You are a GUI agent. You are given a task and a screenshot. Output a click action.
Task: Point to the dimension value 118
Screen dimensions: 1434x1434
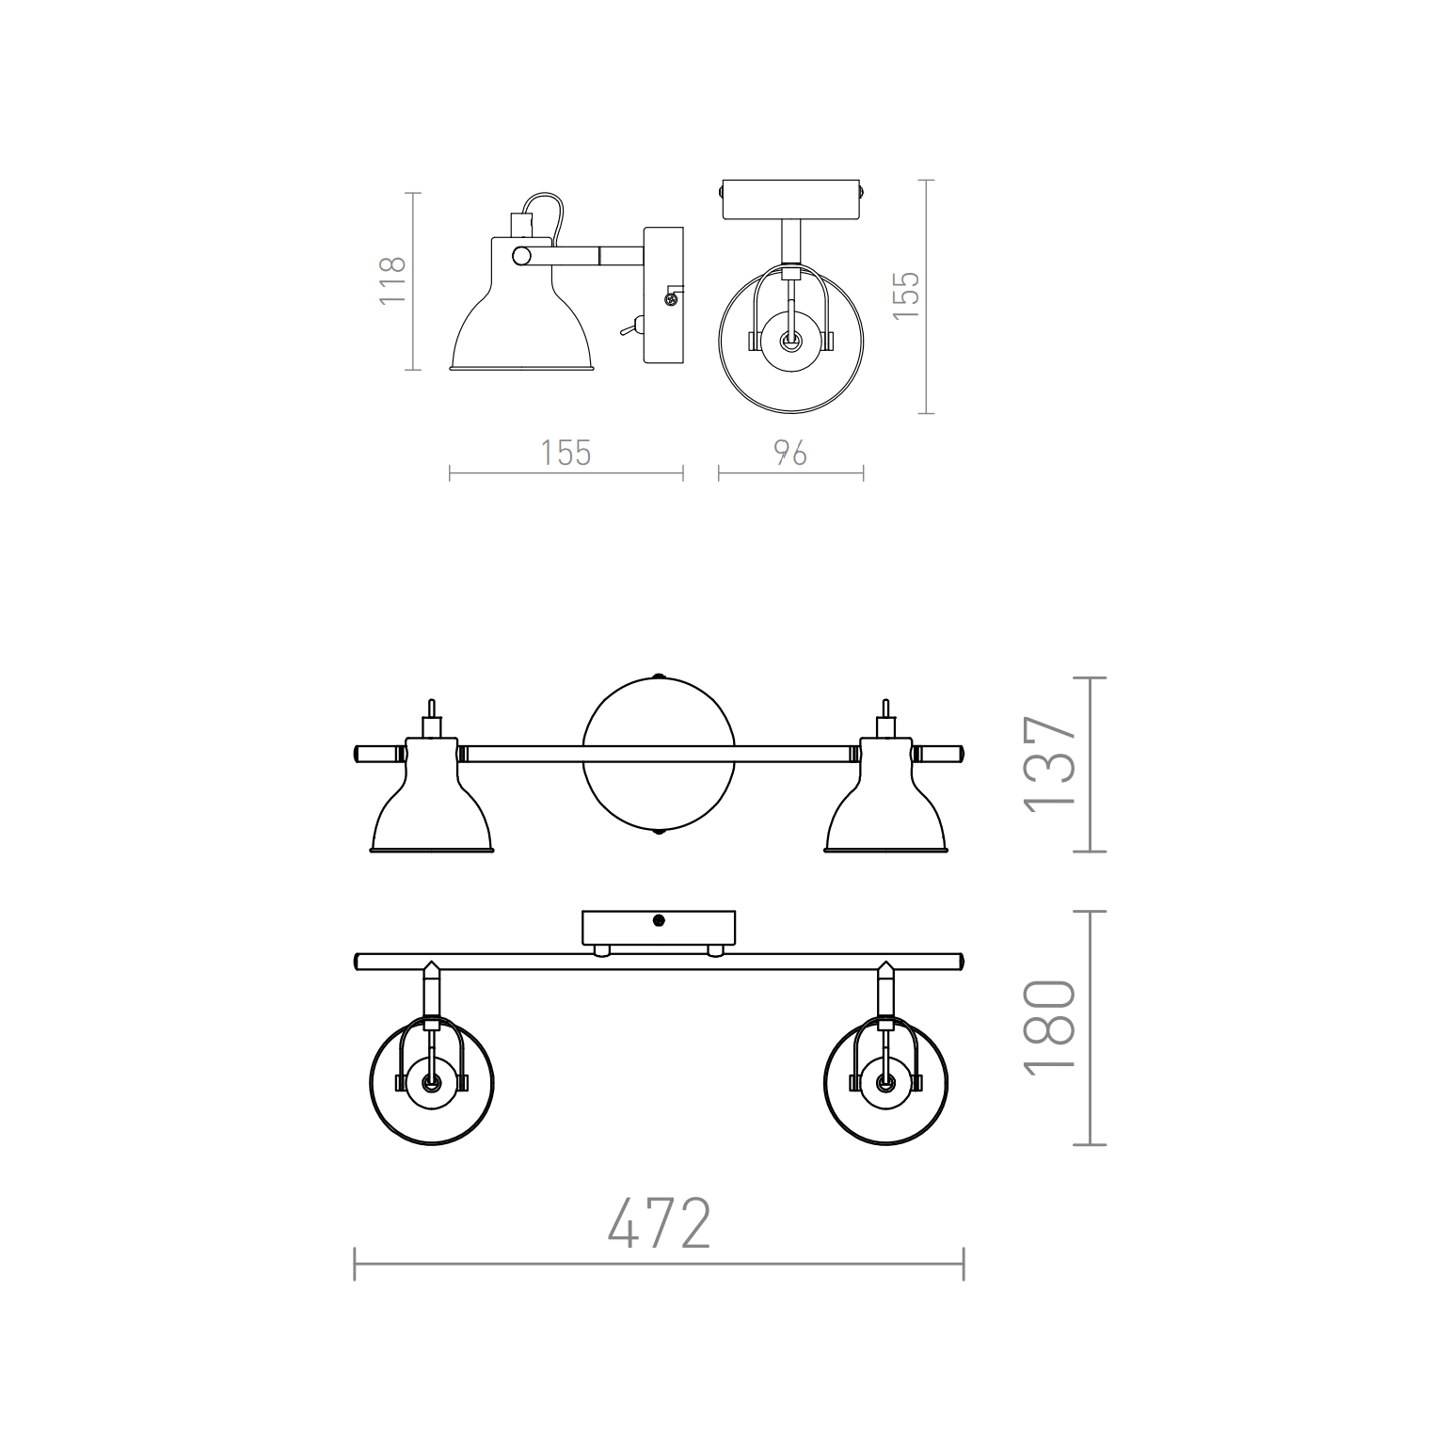tap(391, 279)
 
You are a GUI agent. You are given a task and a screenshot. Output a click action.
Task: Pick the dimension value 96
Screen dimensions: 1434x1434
tap(790, 454)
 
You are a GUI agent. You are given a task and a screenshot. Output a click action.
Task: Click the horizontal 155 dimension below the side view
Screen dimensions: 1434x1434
tap(566, 454)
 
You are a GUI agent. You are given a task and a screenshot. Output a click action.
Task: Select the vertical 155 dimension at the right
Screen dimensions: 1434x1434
tap(905, 295)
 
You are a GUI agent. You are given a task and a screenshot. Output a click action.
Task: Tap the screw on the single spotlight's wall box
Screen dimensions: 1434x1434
tap(670, 299)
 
